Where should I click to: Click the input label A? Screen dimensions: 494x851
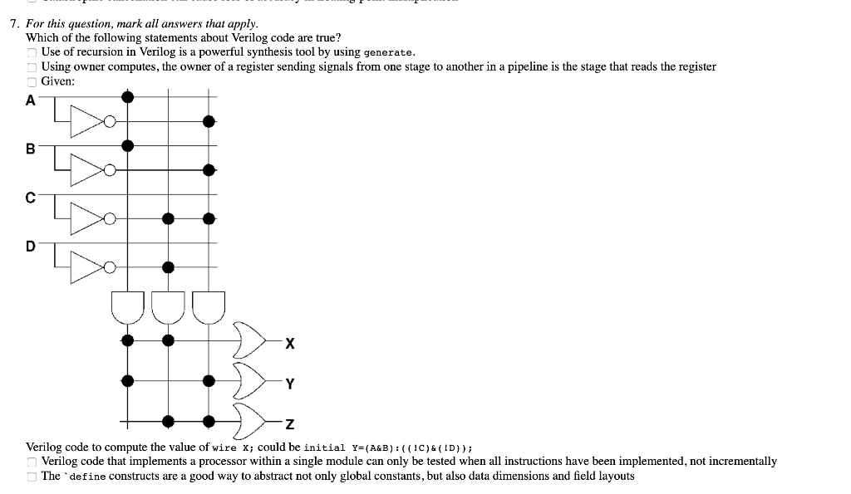31,100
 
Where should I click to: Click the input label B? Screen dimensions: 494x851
31,149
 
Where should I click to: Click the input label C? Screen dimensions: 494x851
31,198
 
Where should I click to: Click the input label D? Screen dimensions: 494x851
31,247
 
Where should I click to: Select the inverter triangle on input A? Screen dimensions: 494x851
86,121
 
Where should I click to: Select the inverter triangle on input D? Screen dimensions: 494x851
86,267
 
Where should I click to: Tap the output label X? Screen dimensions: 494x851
288,343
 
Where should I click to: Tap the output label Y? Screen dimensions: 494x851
288,384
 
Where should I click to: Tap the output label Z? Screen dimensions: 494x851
288,425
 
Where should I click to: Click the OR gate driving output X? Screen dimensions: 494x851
248,340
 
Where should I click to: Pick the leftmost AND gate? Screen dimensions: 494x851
127,307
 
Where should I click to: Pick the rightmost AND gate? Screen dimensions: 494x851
209,307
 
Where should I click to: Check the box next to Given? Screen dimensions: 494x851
32,81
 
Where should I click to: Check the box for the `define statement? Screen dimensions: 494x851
32,477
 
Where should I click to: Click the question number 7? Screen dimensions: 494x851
14,23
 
